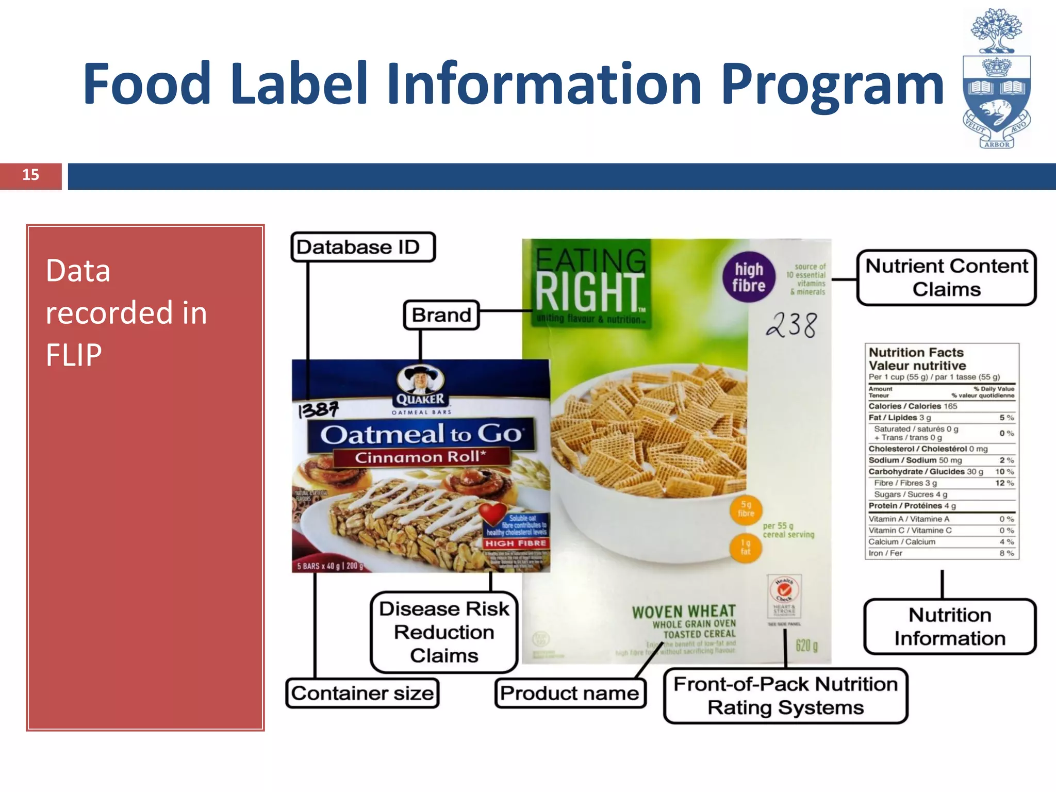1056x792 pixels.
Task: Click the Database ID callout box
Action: [363, 247]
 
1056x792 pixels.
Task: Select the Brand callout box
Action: [441, 315]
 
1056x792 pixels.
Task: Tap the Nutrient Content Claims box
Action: [946, 278]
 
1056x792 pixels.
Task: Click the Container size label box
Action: [362, 693]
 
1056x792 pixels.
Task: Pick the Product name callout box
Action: [570, 693]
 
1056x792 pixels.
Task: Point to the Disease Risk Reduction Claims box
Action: [444, 632]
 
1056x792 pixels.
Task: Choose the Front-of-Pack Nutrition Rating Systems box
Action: [785, 696]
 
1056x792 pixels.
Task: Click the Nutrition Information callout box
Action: [950, 626]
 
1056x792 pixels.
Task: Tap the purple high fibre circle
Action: [749, 277]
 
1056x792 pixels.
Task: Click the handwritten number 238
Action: [792, 325]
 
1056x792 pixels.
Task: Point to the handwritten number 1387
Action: [319, 410]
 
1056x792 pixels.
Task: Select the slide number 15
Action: [30, 175]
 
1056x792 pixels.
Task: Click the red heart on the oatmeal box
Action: [492, 513]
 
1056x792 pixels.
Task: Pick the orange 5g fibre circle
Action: [746, 509]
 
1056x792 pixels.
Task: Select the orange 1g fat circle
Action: [745, 547]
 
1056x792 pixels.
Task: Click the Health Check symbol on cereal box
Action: [784, 590]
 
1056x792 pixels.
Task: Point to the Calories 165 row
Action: [913, 406]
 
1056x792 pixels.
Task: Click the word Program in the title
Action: [832, 84]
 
